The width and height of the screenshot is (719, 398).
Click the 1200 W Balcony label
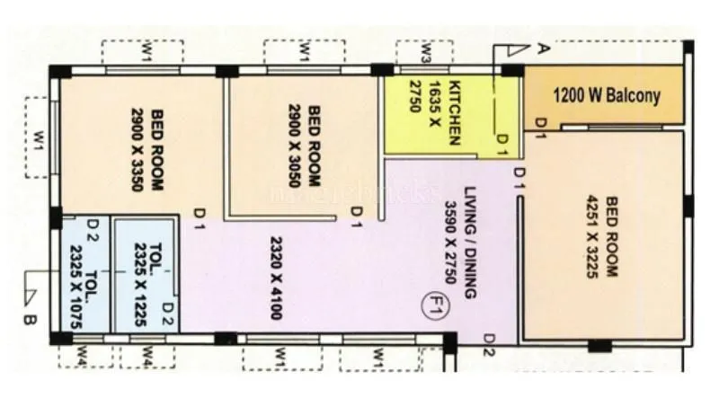(x=606, y=94)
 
